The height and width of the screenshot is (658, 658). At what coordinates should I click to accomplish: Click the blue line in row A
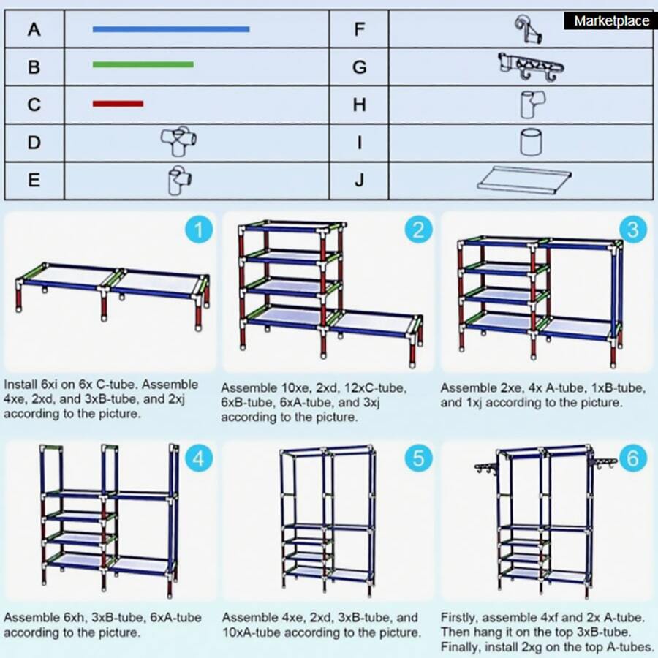(x=170, y=29)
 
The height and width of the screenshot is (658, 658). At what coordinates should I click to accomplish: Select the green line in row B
(x=143, y=64)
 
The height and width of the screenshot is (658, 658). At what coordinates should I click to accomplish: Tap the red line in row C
(x=118, y=104)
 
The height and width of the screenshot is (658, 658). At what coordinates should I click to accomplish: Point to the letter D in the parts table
(x=34, y=143)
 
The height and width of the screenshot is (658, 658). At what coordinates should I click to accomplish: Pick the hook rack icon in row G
(x=531, y=67)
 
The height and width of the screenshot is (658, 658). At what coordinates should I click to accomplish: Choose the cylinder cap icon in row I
(x=531, y=142)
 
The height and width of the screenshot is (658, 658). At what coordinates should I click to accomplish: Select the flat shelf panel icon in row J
(x=523, y=179)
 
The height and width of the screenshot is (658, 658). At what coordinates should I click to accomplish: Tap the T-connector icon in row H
(x=530, y=105)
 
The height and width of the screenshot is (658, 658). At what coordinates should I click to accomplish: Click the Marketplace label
(x=611, y=21)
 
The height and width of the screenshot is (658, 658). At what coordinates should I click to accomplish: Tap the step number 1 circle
(x=198, y=230)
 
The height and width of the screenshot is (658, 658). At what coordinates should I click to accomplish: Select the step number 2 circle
(x=417, y=230)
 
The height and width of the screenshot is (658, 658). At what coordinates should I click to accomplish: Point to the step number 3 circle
(x=633, y=230)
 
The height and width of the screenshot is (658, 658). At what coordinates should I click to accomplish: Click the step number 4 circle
(x=198, y=458)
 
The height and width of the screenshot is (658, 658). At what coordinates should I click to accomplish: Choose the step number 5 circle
(x=417, y=458)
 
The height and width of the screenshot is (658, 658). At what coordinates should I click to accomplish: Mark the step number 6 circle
(x=633, y=458)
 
